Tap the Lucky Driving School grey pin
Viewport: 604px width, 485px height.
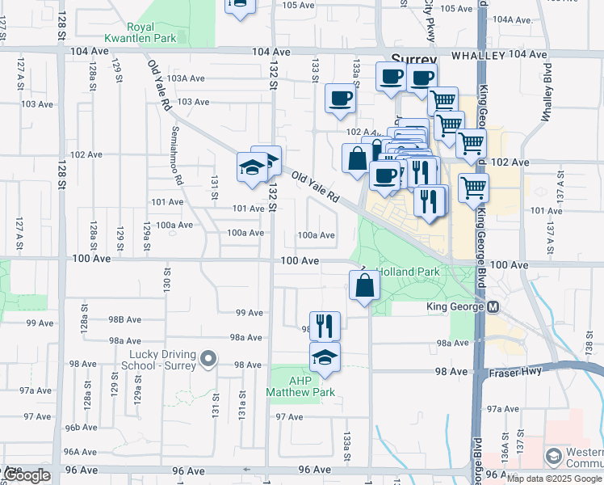pos(208,357)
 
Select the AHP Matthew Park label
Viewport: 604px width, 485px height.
pos(300,386)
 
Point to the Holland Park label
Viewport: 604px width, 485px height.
pos(408,272)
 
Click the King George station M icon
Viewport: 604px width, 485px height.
pos(493,307)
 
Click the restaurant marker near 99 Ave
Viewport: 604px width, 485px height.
pos(325,326)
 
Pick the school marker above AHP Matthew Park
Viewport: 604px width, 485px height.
pos(325,357)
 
